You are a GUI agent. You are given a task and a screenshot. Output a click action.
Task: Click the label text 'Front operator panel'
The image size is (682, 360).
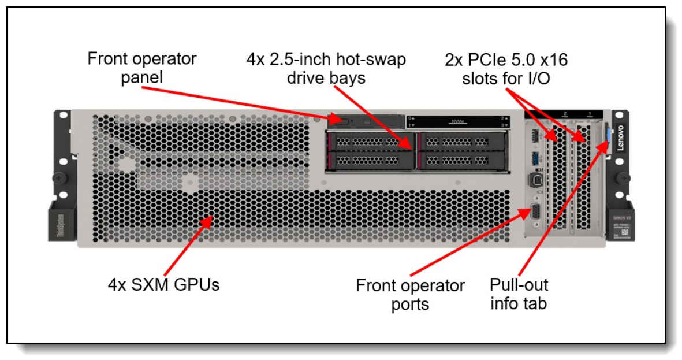point(142,68)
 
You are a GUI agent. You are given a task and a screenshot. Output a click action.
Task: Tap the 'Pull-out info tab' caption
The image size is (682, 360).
point(519,294)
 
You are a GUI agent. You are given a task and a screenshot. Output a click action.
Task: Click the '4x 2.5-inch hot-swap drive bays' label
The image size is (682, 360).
point(326,68)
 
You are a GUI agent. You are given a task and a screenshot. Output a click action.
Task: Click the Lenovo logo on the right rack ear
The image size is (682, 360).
point(621,138)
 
